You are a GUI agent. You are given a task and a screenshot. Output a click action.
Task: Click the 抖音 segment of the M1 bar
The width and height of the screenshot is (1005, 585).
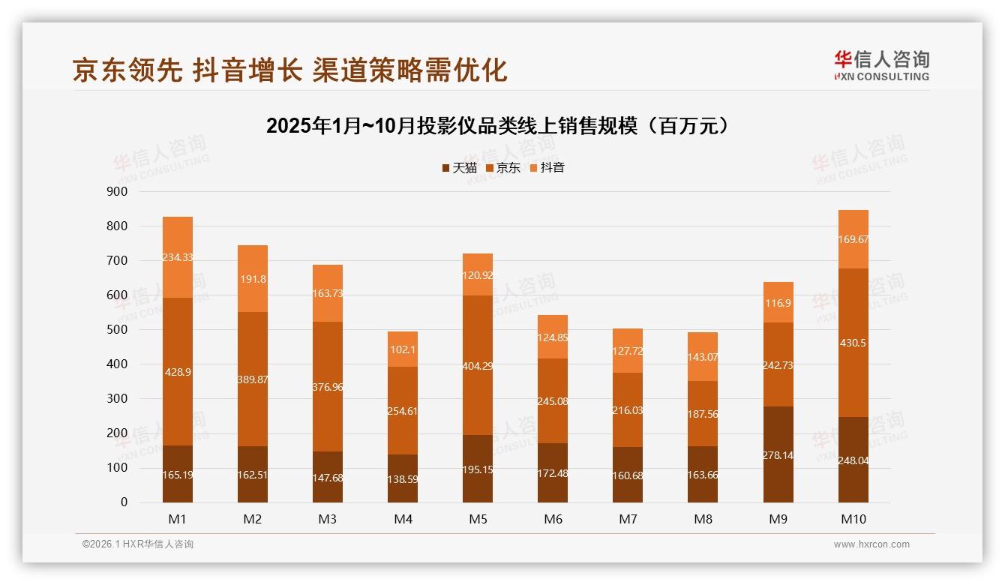click(x=178, y=257)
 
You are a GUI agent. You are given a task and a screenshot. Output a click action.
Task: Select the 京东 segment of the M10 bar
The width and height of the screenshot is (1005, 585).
click(x=853, y=342)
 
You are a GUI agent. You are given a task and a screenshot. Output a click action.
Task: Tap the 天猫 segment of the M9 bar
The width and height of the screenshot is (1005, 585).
click(x=778, y=454)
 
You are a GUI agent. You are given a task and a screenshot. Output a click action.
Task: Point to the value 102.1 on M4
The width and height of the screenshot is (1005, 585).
click(x=403, y=349)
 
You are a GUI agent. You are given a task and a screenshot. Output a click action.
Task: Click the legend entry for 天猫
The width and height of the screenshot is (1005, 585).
click(x=459, y=168)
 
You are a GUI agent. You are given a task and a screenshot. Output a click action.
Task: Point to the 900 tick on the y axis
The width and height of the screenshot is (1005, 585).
click(x=117, y=192)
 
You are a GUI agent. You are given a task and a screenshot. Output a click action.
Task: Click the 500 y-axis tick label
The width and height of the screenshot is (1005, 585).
click(x=117, y=330)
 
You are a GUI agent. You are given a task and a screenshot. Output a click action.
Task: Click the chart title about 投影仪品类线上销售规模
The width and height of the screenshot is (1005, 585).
click(x=497, y=126)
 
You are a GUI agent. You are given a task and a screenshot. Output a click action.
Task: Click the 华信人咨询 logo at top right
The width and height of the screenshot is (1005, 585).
click(x=881, y=65)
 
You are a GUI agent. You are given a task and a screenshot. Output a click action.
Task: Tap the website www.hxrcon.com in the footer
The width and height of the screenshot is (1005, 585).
click(x=871, y=544)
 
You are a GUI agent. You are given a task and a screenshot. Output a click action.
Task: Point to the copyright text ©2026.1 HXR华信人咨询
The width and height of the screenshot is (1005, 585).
click(x=138, y=544)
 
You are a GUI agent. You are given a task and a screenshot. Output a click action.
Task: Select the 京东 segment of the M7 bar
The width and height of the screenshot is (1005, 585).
click(x=628, y=409)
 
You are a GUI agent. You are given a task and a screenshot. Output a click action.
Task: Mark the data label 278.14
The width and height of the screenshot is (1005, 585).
click(x=778, y=455)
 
